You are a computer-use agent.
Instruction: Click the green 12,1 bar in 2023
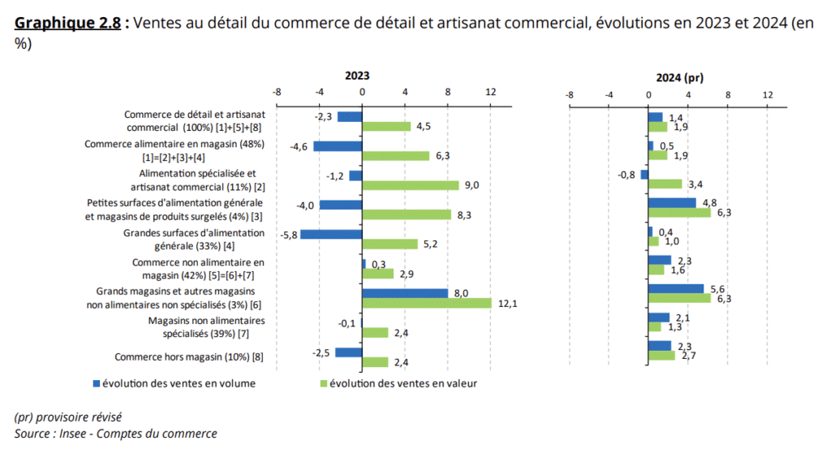pos(427,303)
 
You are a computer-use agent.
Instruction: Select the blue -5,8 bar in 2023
pos(331,234)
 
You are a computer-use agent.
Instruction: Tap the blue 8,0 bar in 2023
pos(405,293)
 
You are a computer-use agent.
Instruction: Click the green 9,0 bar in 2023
pos(411,185)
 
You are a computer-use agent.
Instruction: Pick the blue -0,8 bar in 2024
pos(644,175)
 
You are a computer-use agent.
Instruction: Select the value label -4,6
pos(299,146)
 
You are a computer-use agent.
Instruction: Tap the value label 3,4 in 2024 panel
pos(696,184)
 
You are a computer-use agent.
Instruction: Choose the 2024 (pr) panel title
pos(679,78)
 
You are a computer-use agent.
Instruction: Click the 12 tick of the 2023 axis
pos(490,93)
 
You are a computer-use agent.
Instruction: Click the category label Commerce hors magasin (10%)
pos(189,357)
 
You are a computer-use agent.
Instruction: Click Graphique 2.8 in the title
pos(67,23)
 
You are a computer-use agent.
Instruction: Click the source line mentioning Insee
pos(115,434)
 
